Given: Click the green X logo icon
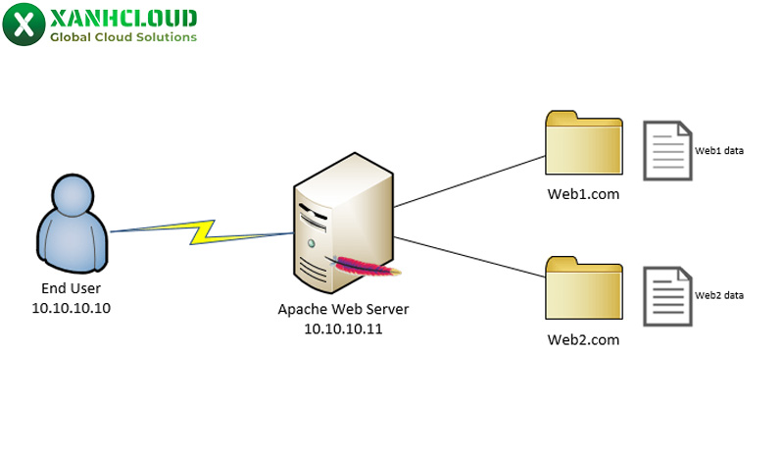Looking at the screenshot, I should click(x=24, y=24).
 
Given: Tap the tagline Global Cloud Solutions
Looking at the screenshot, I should click(x=123, y=37).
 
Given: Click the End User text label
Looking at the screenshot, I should click(x=71, y=288).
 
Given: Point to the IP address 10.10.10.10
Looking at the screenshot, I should click(x=71, y=307).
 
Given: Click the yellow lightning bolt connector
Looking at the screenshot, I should click(x=203, y=231).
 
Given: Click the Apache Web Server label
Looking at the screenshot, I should click(x=343, y=310).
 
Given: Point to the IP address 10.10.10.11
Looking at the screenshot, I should click(x=343, y=329).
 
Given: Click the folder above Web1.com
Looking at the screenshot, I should click(x=584, y=143).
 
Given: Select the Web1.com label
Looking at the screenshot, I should click(x=583, y=194).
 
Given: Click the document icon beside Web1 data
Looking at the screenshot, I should click(x=666, y=150).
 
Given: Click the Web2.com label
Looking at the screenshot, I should click(x=583, y=339).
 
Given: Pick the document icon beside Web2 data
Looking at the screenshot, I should click(x=666, y=295).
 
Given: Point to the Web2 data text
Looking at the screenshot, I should click(x=719, y=294).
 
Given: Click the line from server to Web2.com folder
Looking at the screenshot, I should click(x=470, y=256).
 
